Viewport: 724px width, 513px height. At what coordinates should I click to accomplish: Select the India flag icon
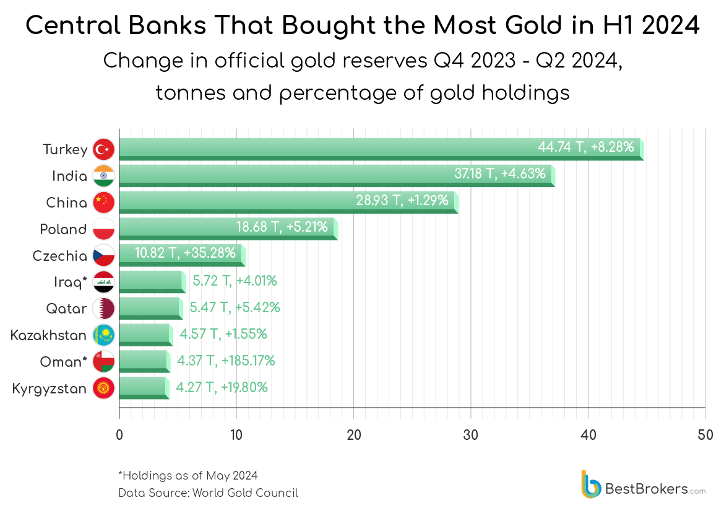tap(103, 176)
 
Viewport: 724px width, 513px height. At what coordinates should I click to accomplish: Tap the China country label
tap(67, 203)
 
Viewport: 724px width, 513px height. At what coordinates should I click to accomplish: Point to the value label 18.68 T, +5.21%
tap(282, 227)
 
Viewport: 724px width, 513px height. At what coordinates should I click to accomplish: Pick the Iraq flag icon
tap(103, 282)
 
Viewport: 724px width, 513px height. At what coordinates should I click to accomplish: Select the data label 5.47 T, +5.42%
tap(235, 307)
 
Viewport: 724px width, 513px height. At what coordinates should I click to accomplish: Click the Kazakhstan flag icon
tap(103, 335)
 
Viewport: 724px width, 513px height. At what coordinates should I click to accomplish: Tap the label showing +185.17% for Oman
tap(226, 361)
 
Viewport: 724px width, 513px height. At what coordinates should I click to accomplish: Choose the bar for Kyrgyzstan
tap(143, 388)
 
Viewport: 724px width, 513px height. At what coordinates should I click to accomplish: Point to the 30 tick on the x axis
tap(471, 434)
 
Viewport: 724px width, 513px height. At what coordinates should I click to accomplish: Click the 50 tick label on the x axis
tap(705, 434)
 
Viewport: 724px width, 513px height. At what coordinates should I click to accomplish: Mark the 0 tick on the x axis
tap(119, 434)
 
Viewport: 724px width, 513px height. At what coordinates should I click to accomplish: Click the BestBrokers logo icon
tap(591, 484)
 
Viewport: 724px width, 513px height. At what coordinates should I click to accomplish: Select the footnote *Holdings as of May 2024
tap(187, 476)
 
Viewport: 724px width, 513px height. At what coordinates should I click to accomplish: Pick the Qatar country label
tap(67, 309)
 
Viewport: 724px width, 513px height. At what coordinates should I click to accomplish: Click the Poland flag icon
tap(103, 229)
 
